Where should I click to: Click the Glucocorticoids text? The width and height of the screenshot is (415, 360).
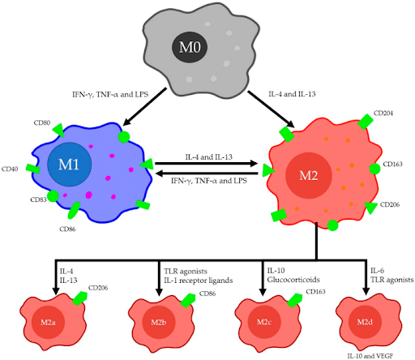click(293, 281)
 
